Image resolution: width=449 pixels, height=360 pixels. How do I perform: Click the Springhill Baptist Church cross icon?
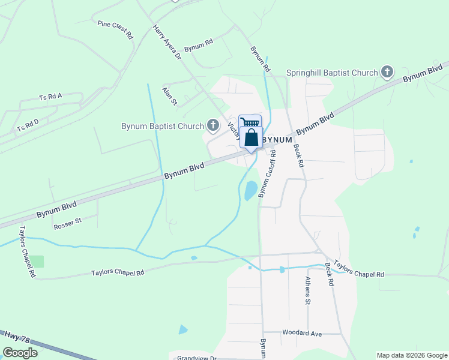pyautogui.click(x=387, y=73)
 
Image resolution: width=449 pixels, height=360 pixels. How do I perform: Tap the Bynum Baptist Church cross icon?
pyautogui.click(x=212, y=125)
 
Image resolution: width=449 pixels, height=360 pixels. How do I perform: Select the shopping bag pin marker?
pyautogui.click(x=251, y=139)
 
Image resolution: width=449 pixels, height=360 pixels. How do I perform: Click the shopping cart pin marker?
pyautogui.click(x=250, y=122)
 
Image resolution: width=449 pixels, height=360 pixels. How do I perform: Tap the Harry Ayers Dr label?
pyautogui.click(x=166, y=42)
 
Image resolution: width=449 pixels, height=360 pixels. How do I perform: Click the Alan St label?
pyautogui.click(x=170, y=95)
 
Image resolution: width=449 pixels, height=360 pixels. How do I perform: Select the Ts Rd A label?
pyautogui.click(x=50, y=96)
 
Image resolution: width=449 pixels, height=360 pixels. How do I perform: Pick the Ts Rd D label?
pyautogui.click(x=28, y=125)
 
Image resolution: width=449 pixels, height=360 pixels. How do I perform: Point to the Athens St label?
pyautogui.click(x=307, y=290)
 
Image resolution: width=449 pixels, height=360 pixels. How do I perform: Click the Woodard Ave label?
pyautogui.click(x=302, y=333)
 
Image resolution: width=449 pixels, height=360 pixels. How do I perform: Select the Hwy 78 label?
pyautogui.click(x=13, y=338)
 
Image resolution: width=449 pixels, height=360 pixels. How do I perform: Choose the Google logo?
pyautogui.click(x=20, y=353)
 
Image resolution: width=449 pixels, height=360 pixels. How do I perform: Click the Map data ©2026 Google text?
pyautogui.click(x=412, y=355)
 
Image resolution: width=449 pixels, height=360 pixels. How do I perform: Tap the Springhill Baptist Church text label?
pyautogui.click(x=332, y=73)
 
